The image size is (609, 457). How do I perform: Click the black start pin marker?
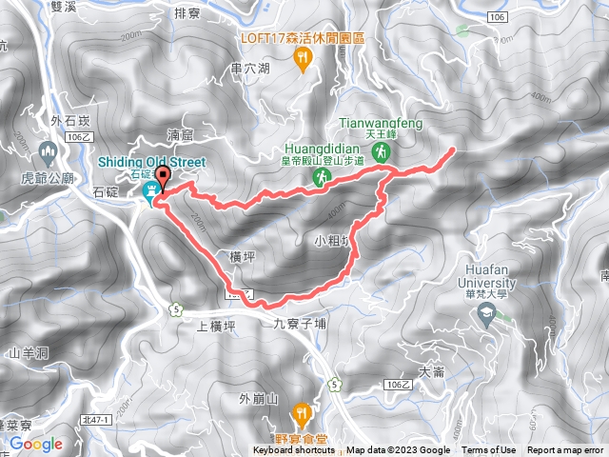tap(162, 177)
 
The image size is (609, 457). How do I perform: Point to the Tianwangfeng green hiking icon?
tap(382, 150)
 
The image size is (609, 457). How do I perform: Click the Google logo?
tap(36, 444)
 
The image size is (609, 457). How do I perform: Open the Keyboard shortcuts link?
tap(294, 450)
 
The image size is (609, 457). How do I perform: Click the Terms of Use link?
tap(488, 450)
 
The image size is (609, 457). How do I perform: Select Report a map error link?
tap(566, 450)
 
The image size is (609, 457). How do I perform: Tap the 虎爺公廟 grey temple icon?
tap(49, 150)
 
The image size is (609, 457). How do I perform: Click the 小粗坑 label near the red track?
tap(333, 241)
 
